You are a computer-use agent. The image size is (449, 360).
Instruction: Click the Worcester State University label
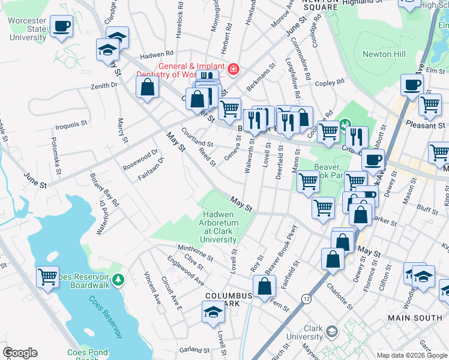[x=28, y=29]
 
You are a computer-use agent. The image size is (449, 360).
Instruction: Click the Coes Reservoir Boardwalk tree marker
[x=119, y=280]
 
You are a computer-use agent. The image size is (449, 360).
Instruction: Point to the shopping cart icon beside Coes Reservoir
[x=47, y=277]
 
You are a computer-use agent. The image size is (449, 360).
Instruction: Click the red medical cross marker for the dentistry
[x=232, y=70]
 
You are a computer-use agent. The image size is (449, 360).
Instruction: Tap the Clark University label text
[x=306, y=332]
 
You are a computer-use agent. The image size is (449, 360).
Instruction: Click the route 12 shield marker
[x=307, y=298]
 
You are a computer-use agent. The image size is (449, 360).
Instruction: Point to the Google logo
[x=20, y=352]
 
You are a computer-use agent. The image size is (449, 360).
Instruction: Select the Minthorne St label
[x=195, y=252]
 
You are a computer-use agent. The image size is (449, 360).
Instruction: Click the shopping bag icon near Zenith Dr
[x=147, y=87]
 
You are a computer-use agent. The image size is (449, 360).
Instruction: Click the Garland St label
[x=193, y=350]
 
